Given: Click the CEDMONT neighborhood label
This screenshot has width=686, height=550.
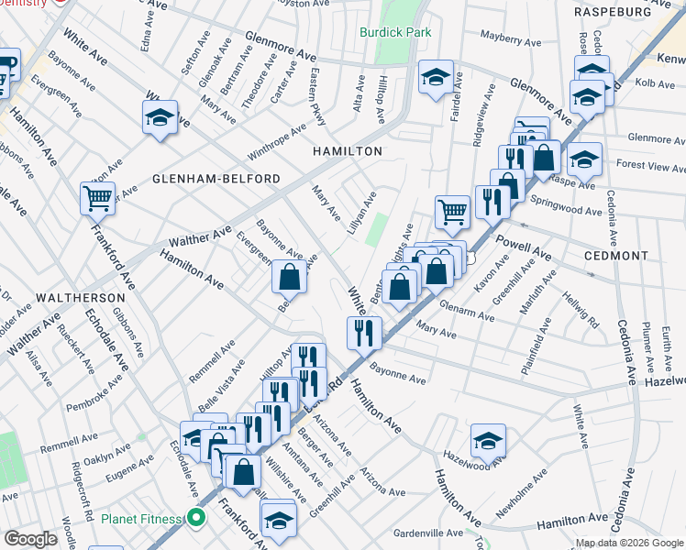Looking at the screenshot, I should (x=617, y=256).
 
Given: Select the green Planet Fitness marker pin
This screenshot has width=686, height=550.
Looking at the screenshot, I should (x=195, y=519).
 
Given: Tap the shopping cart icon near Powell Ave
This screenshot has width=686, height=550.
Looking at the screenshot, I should (x=452, y=212).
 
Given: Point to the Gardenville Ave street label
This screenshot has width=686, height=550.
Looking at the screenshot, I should (x=428, y=533).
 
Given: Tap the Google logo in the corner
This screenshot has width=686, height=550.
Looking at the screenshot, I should (x=30, y=539).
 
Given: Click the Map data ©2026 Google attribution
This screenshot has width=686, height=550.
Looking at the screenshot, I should (x=629, y=543).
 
